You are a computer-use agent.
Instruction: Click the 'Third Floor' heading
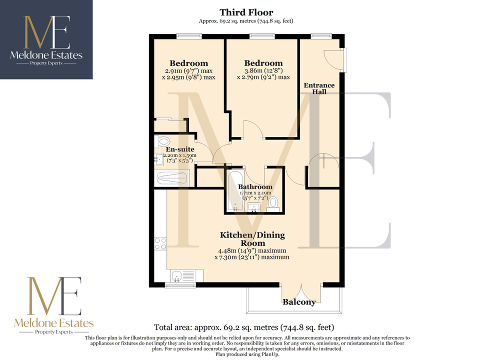pyautogui.click(x=246, y=12)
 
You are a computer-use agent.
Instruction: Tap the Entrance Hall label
pyautogui.click(x=319, y=88)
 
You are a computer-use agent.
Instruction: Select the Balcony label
pyautogui.click(x=299, y=302)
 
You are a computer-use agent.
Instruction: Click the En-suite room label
pyautogui.click(x=180, y=149)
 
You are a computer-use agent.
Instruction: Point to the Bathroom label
pyautogui.click(x=255, y=186)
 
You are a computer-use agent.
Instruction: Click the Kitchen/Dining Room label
pyautogui.click(x=252, y=239)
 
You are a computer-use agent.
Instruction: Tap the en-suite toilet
pyautogui.click(x=162, y=141)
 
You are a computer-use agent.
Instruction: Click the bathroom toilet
pyautogui.click(x=273, y=204)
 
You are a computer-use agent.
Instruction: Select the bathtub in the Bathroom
pyautogui.click(x=235, y=191)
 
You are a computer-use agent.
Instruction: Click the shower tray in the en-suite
pyautogui.click(x=171, y=178)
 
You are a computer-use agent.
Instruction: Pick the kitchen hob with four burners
pyautogui.click(x=160, y=243)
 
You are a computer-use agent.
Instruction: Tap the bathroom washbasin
pyautogui.click(x=254, y=207)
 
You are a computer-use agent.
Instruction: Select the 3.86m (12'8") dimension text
pyautogui.click(x=263, y=70)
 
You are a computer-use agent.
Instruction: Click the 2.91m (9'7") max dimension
pyautogui.click(x=189, y=70)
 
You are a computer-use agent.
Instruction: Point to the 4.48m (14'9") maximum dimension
pyautogui.click(x=252, y=250)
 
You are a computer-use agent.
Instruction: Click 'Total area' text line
pyautogui.click(x=244, y=327)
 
